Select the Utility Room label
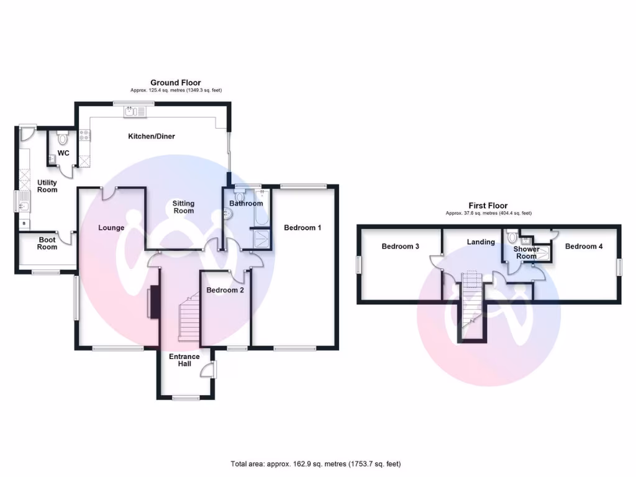coord(47,186)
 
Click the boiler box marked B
coord(24,223)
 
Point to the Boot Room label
coord(47,243)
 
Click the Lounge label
coord(111,228)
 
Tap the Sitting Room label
coord(183,207)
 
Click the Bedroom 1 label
coord(302,228)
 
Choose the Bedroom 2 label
coord(225,290)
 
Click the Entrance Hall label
coord(184,360)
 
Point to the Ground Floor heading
coord(176,83)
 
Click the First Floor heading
coord(488,206)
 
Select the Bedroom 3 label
coord(400,247)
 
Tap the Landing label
coord(481,242)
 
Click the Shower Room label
coord(526,253)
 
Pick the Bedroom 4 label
coord(584,247)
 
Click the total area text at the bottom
coord(316,463)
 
